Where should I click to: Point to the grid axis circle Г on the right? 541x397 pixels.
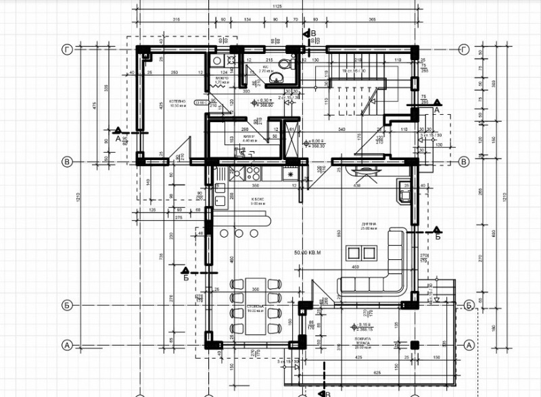tap(464, 49)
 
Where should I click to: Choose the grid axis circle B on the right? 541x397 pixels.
tap(464, 162)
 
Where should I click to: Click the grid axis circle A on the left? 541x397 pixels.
tap(67, 345)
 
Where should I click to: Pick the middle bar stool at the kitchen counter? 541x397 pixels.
tap(239, 232)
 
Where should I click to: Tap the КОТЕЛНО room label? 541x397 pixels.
tap(160, 103)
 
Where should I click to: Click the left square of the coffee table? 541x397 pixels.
tap(354, 253)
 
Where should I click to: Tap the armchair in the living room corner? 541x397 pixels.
tap(406, 194)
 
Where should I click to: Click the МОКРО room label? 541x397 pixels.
tap(221, 79)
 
